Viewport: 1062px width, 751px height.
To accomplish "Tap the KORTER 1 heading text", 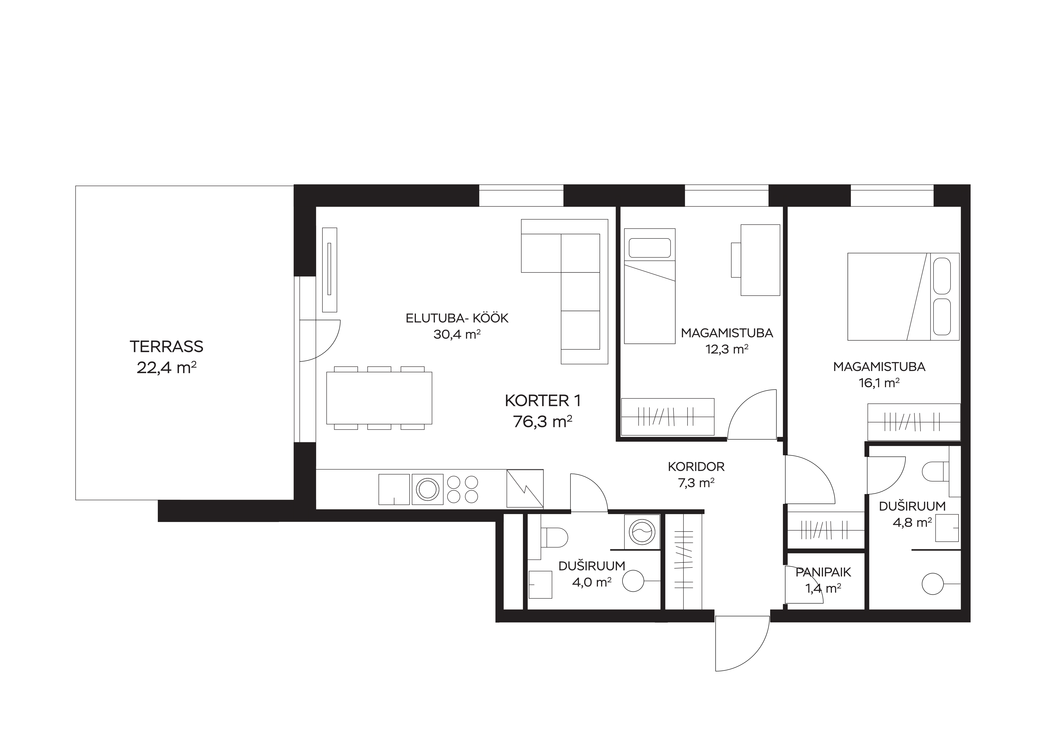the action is tap(543, 401).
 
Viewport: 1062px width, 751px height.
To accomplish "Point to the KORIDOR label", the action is tap(696, 467).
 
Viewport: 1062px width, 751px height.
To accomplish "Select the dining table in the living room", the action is tap(379, 398).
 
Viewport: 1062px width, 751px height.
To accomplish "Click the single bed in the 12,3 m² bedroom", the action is tap(650, 286).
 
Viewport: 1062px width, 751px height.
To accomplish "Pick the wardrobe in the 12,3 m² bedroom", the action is tap(667, 417).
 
